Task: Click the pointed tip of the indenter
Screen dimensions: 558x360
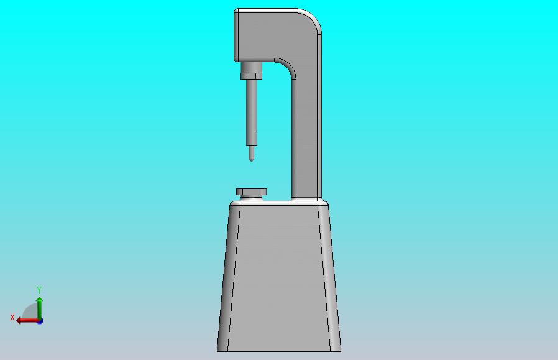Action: [x=251, y=161]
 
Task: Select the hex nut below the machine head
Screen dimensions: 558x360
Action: [x=251, y=76]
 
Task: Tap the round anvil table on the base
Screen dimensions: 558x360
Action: [x=251, y=192]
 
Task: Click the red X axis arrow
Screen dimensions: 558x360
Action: [x=27, y=321]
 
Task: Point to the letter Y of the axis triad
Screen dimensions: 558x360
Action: [x=39, y=290]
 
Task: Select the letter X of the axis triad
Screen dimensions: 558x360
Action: [x=12, y=317]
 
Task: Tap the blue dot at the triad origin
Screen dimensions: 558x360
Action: [x=40, y=321]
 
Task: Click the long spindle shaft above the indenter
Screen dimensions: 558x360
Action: [x=251, y=113]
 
